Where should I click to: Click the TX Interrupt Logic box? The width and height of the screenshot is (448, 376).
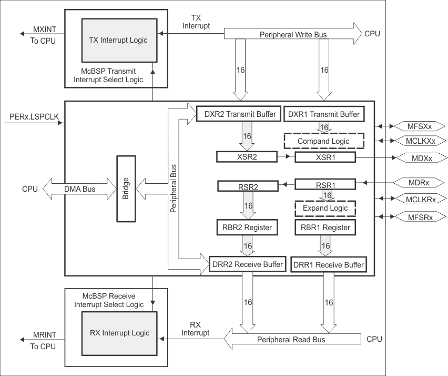click(119, 40)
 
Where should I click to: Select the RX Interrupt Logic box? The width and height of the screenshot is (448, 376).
click(119, 333)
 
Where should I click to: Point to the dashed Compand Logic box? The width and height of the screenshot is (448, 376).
click(323, 141)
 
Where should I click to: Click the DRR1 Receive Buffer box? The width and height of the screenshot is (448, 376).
click(328, 264)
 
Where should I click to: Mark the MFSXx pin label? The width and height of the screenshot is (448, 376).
click(419, 126)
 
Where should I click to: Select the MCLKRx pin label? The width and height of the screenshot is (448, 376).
click(419, 200)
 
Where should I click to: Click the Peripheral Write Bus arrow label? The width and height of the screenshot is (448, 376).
click(293, 34)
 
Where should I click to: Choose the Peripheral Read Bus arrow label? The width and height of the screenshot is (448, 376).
click(291, 340)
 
